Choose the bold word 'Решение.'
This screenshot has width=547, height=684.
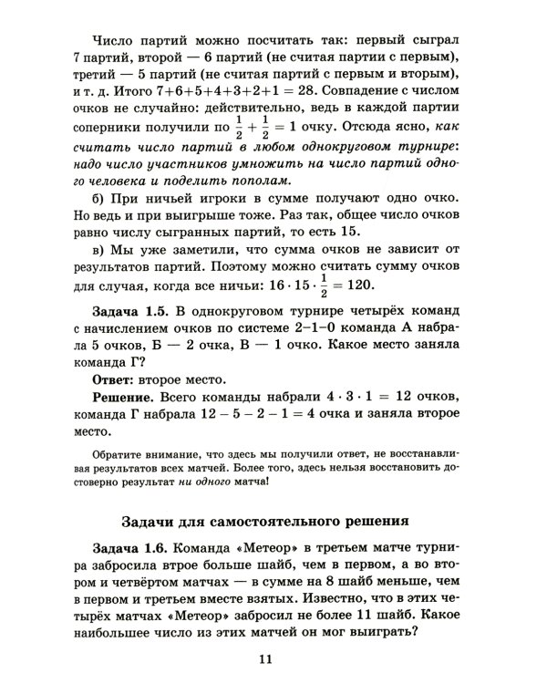point(124,399)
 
